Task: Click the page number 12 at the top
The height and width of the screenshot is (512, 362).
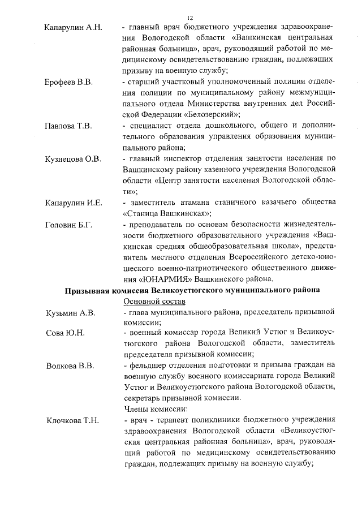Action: [190, 17]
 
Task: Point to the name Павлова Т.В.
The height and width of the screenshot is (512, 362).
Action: [68, 126]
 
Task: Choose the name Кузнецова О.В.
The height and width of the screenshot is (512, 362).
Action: [72, 159]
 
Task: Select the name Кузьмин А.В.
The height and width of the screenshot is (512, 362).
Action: [70, 312]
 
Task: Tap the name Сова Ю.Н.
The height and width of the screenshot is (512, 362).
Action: [64, 333]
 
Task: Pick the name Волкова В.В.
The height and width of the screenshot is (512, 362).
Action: [70, 365]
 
